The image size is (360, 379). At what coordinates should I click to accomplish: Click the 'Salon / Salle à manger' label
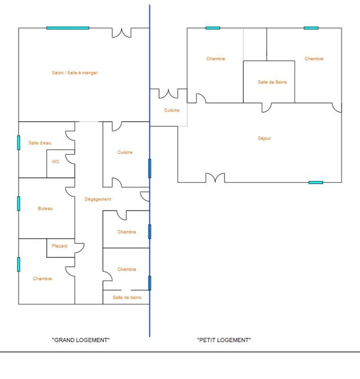click(x=75, y=73)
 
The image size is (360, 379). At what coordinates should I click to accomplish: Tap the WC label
click(x=56, y=162)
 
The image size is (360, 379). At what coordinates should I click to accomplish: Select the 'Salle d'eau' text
click(x=40, y=143)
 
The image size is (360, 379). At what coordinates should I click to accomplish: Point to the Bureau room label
click(x=45, y=208)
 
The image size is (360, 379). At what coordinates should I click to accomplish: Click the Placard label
click(x=60, y=246)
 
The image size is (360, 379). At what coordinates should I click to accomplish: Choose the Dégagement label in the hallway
click(x=98, y=199)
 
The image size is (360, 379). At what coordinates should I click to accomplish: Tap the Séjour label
click(x=264, y=138)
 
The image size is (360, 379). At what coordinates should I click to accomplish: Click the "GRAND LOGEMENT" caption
click(x=81, y=340)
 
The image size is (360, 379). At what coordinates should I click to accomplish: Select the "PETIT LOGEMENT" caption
click(x=224, y=340)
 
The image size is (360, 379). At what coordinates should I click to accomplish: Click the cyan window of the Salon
click(x=68, y=28)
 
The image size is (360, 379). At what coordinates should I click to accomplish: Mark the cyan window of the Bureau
click(x=19, y=203)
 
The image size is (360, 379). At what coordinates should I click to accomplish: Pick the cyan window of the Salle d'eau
click(x=19, y=143)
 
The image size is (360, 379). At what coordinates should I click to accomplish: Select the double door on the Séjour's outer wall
click(x=215, y=178)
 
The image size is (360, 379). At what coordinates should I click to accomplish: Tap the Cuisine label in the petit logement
click(x=172, y=110)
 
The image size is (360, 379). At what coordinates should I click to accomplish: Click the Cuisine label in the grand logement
click(x=125, y=153)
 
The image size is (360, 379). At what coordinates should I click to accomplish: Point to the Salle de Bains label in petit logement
click(x=272, y=82)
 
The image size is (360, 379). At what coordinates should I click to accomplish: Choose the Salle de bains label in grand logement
click(x=127, y=298)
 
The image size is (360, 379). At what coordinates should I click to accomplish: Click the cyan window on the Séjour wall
click(x=316, y=182)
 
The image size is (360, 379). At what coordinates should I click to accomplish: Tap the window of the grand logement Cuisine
click(x=150, y=168)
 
